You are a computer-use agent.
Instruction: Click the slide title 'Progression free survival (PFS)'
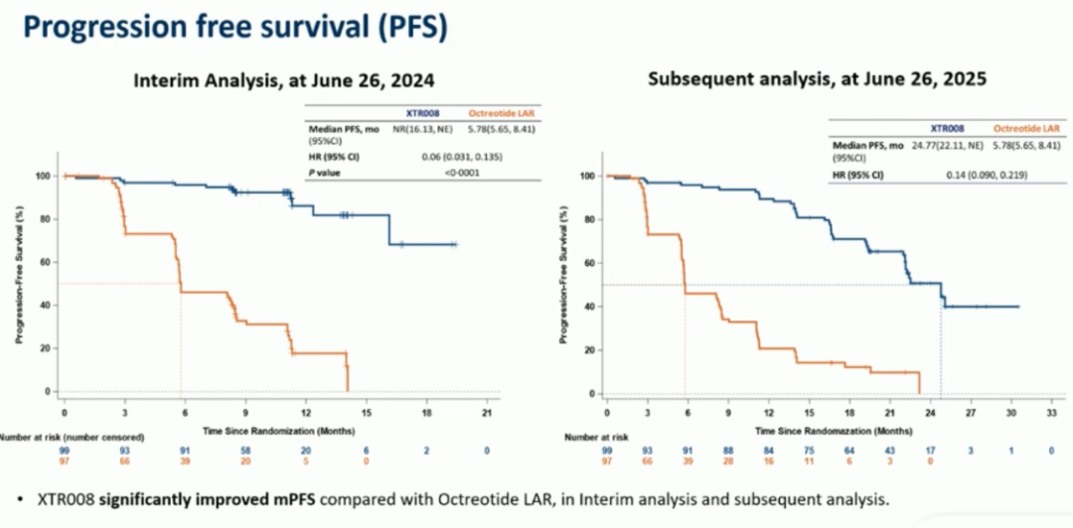(234, 26)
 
